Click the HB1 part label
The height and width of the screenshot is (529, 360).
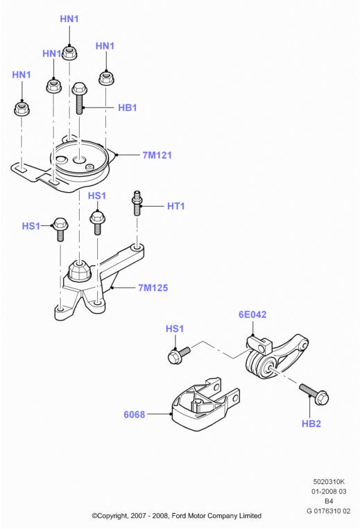pos(127,107)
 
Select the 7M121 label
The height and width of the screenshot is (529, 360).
pos(157,155)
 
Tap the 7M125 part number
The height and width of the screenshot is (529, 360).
pos(153,288)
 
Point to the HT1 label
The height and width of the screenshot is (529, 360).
pos(175,206)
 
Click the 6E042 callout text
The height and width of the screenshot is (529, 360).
pos(252,315)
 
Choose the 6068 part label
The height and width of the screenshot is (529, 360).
pos(135,415)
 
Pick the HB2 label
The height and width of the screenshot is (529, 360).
pos(311,424)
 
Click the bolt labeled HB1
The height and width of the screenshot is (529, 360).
pos(80,98)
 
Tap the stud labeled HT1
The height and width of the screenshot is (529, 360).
pos(137,202)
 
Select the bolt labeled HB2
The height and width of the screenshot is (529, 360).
pos(314,394)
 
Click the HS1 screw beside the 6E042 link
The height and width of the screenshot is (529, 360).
pos(179,355)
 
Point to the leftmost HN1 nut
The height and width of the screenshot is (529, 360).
pos(22,108)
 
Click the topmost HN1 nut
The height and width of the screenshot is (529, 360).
pos(69,53)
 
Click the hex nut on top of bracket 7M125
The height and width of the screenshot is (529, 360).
pos(80,270)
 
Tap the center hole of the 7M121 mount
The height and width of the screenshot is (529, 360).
pos(80,159)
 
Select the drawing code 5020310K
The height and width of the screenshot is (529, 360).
pos(329,482)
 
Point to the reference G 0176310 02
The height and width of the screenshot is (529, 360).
pos(328,511)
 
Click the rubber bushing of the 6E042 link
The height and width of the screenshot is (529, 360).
pos(261,365)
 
